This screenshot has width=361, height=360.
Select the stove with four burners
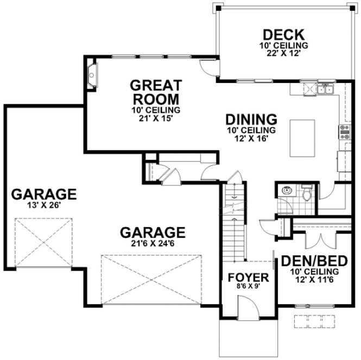[345, 131]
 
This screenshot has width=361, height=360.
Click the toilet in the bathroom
[307, 192]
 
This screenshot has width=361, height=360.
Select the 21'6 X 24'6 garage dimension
[153, 244]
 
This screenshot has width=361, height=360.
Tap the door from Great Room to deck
[208, 66]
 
